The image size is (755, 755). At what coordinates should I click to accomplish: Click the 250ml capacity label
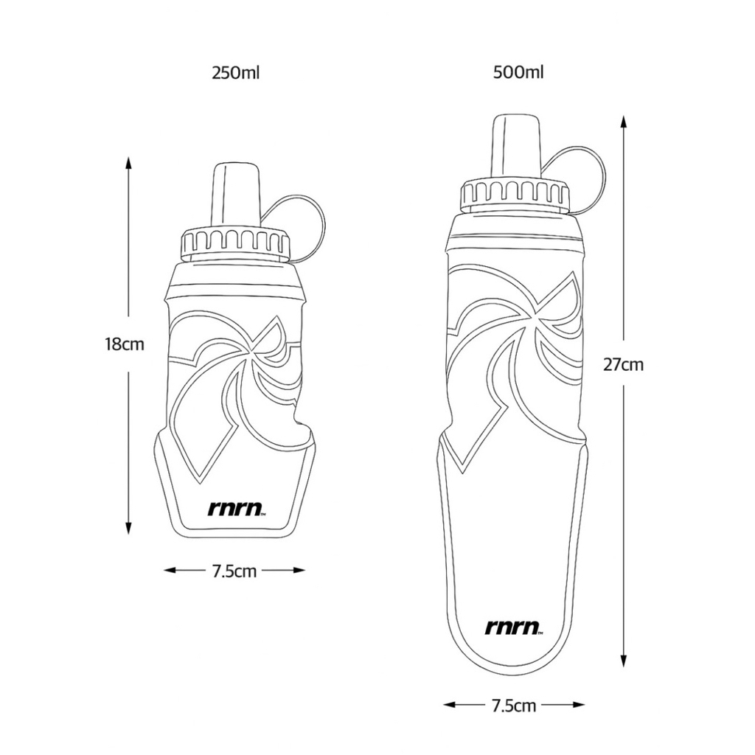pos(235,74)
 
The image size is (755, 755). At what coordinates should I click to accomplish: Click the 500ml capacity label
pos(518,73)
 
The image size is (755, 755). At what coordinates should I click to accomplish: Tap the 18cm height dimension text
pos(125,344)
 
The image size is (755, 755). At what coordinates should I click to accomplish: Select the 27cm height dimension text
pos(624,364)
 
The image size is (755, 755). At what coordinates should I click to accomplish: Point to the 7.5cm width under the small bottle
pos(234,571)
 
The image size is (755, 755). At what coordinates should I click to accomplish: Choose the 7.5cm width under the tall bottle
pos(514,706)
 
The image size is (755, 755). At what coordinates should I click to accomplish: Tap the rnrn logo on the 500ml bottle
pos(515,627)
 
